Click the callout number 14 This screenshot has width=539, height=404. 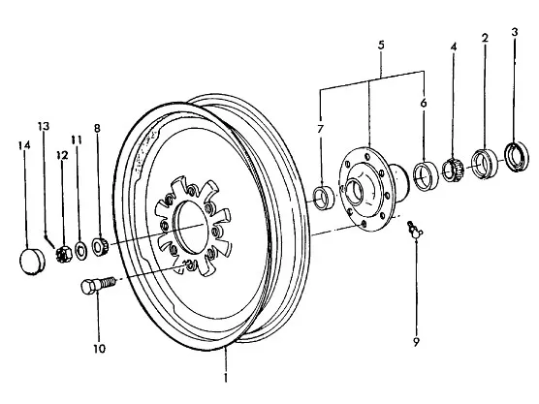[x=24, y=145]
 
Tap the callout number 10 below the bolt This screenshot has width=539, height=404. [x=99, y=349]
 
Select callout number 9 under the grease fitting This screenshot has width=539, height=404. [x=416, y=342]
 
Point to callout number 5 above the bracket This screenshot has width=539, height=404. [x=381, y=45]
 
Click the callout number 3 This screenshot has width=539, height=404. [x=514, y=32]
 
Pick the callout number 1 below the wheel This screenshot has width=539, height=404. [x=226, y=377]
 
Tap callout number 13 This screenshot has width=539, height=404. [x=44, y=126]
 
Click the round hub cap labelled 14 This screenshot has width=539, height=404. [x=32, y=262]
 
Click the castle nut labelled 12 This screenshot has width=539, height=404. [x=64, y=254]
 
